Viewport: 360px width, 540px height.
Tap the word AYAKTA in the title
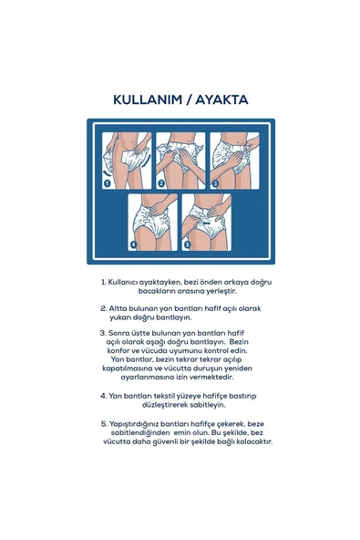(x=221, y=99)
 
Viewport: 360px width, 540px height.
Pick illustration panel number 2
(x=180, y=160)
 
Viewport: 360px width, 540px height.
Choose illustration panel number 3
(x=234, y=160)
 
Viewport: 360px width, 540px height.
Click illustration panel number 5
(x=207, y=222)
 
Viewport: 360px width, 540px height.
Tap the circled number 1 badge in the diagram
(x=107, y=182)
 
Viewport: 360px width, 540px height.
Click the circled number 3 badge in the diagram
(x=216, y=182)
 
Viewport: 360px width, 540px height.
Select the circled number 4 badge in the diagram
(x=133, y=244)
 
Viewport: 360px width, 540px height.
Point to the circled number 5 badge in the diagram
(x=189, y=244)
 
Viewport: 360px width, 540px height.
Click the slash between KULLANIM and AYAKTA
(x=188, y=99)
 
